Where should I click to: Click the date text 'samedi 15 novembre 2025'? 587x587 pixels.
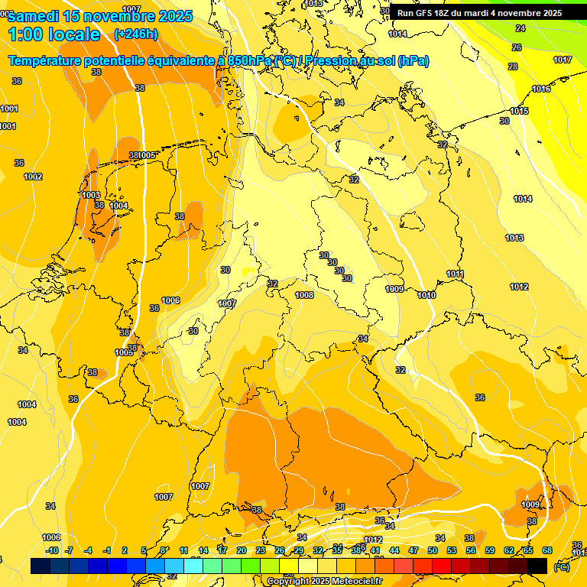click(100, 16)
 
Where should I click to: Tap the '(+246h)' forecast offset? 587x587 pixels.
click(136, 34)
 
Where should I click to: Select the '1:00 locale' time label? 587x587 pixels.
click(54, 34)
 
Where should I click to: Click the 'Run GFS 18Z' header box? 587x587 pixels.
click(479, 13)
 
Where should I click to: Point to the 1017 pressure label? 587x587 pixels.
click(563, 60)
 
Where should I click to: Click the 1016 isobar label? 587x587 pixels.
click(541, 89)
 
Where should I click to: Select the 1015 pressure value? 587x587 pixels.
click(519, 112)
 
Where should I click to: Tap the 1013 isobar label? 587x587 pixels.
click(514, 238)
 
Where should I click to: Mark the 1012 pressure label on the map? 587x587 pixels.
click(519, 287)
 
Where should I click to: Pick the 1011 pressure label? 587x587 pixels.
click(456, 274)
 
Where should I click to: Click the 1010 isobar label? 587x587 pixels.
click(426, 295)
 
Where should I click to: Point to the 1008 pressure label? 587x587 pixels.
click(304, 295)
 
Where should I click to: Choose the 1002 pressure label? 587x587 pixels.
click(33, 177)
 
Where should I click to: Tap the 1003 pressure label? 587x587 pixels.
click(90, 195)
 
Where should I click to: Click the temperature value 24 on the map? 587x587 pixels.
click(521, 28)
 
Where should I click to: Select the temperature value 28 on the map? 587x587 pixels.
click(513, 66)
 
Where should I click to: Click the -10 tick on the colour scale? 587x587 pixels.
click(52, 550)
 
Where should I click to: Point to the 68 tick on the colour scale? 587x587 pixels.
click(547, 550)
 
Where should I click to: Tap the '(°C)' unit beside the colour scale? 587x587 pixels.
click(562, 566)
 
